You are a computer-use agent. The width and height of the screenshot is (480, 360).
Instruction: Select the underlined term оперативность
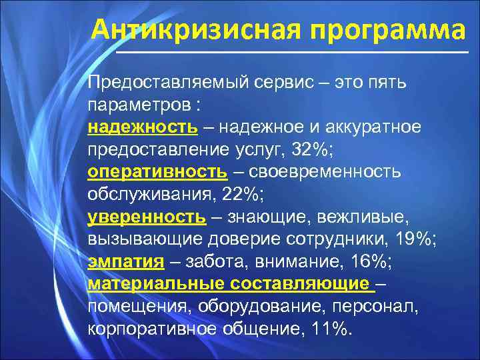point(156,172)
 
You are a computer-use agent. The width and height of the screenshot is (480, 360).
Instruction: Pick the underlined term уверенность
point(146,217)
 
